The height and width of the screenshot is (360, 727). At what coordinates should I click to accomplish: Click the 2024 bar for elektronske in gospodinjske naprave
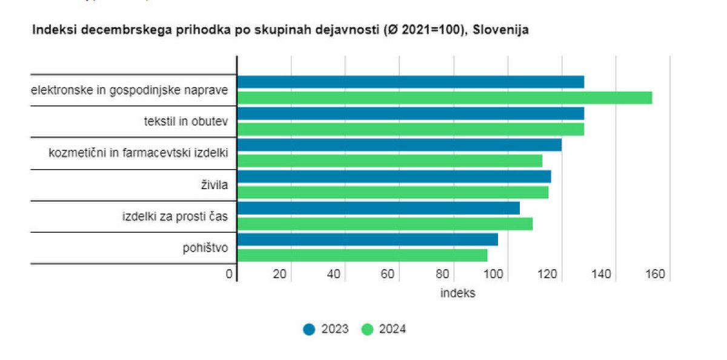click(x=444, y=98)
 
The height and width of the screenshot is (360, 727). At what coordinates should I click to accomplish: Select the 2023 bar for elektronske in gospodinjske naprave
click(x=410, y=82)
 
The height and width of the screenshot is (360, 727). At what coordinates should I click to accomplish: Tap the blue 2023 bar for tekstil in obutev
click(x=410, y=113)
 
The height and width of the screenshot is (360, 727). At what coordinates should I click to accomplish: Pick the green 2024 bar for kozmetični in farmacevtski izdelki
click(x=390, y=161)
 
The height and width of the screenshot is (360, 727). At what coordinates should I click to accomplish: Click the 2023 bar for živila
click(x=394, y=176)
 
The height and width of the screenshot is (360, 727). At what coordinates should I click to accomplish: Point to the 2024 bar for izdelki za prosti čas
click(x=385, y=224)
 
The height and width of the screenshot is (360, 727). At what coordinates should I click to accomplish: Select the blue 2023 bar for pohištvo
click(x=367, y=239)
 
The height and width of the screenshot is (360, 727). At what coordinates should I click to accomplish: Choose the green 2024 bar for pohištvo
click(x=362, y=255)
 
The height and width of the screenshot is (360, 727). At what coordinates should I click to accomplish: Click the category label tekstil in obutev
click(x=185, y=121)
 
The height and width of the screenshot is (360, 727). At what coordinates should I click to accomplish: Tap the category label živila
click(x=214, y=184)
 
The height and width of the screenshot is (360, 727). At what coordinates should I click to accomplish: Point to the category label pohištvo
click(x=205, y=247)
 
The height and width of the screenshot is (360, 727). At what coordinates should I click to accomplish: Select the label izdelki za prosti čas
click(x=175, y=216)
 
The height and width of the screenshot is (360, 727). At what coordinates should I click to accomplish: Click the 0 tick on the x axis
click(x=229, y=275)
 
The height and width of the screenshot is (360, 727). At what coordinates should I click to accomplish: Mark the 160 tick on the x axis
click(x=656, y=275)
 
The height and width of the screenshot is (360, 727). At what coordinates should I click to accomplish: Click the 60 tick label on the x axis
click(x=388, y=275)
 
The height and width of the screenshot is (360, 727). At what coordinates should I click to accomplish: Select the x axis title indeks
click(x=457, y=293)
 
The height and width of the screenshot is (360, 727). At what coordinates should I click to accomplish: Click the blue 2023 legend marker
click(x=310, y=329)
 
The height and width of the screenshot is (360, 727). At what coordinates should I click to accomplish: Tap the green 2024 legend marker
click(x=367, y=329)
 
